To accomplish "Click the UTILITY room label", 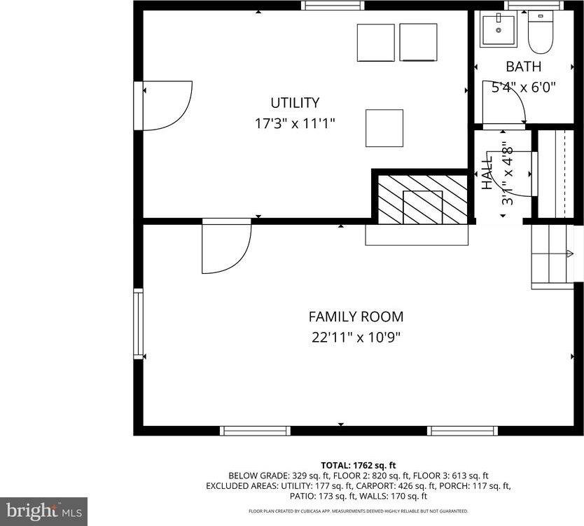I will pos(295,103).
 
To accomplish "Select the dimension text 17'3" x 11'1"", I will pos(295,124).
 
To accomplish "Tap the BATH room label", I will pos(523,67).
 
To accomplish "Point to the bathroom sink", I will pos(498,29).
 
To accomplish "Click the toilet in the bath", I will pos(540,33).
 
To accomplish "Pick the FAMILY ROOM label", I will pos(356,317).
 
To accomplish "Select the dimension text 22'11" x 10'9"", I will pos(356,338).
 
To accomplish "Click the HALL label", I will pos(487,172).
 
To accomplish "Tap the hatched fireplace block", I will pos(422,200).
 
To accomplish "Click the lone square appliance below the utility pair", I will pos(384,128).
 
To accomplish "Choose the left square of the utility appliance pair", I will pos(375,43).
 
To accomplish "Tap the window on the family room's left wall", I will pos(138,324).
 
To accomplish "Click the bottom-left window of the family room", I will pos(255,431).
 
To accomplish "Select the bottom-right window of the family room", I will pos(462,431).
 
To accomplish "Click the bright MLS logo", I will pos(43,511).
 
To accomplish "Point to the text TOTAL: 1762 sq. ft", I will pos(359,465).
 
